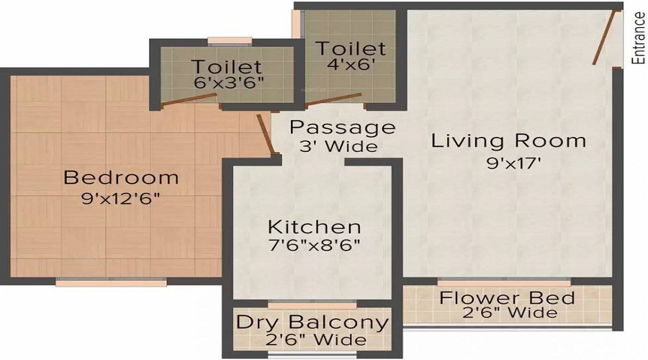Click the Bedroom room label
(120, 176)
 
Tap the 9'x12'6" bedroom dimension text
(120, 198)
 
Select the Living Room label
(508, 140)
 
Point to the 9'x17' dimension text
(513, 163)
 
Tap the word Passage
(343, 128)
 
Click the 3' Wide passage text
(338, 146)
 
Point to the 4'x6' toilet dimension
(350, 63)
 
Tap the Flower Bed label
(508, 298)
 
